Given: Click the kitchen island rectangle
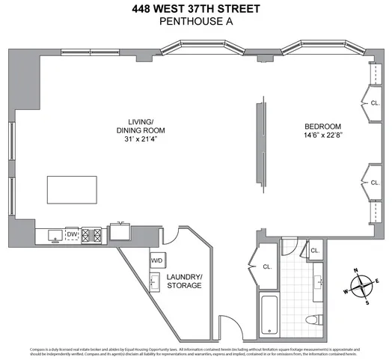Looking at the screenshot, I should point(73,189).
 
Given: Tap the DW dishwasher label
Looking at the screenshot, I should point(73,234).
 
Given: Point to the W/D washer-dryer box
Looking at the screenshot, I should point(158,260).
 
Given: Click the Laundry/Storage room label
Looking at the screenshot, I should point(183,281).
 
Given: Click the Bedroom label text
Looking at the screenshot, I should point(322,126).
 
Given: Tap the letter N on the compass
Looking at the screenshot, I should point(356,271).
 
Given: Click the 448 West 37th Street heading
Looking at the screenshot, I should point(196,9).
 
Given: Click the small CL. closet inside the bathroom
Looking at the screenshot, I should point(314,251).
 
